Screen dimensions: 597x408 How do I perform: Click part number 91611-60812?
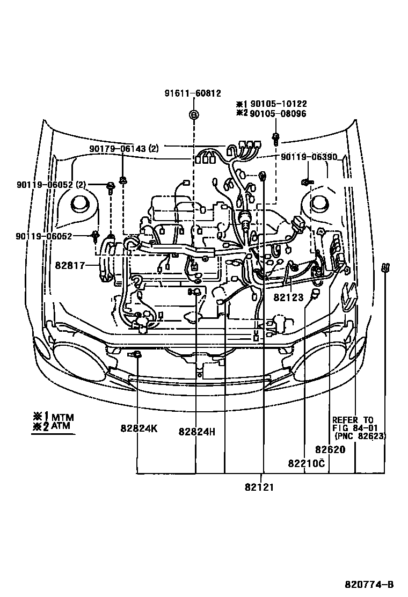pyautogui.click(x=193, y=93)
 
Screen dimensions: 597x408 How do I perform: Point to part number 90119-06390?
pyautogui.click(x=309, y=157)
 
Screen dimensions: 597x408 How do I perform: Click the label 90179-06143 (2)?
pyautogui.click(x=124, y=148)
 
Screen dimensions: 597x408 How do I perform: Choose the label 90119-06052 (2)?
pyautogui.click(x=51, y=185)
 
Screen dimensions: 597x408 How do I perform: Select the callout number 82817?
pyautogui.click(x=70, y=265)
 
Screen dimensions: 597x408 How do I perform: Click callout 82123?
pyautogui.click(x=288, y=297)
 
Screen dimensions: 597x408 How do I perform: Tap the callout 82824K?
pyautogui.click(x=139, y=430)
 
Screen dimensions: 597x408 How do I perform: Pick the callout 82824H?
pyautogui.click(x=197, y=431)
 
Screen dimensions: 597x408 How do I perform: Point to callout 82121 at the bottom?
pyautogui.click(x=260, y=487)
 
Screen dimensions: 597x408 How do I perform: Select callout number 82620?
pyautogui.click(x=330, y=450)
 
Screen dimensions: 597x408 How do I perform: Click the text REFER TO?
pyautogui.click(x=353, y=420)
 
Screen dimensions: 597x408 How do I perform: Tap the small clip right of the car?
pyautogui.click(x=385, y=268)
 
